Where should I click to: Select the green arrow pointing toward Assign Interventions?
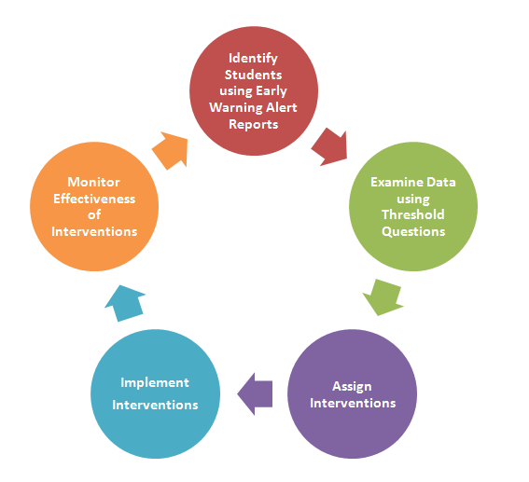tap(383, 297)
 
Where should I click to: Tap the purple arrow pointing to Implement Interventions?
tap(255, 393)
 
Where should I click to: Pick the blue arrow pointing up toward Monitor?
tap(126, 303)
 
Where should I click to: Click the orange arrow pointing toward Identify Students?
tap(171, 150)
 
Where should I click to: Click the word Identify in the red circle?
tap(253, 59)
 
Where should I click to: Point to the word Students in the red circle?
tap(254, 75)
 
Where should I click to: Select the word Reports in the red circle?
tap(254, 125)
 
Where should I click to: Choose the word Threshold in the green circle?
tap(413, 214)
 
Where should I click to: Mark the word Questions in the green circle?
tap(413, 231)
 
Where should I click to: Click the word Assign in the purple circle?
tap(352, 387)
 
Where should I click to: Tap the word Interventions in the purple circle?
tap(353, 403)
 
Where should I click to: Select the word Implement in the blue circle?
tap(155, 383)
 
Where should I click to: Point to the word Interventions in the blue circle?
tap(155, 405)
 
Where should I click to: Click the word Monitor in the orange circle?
tap(93, 182)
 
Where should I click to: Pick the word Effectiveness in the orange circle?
tap(94, 199)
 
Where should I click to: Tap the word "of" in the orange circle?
tap(94, 214)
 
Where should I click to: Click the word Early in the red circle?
tap(271, 91)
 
